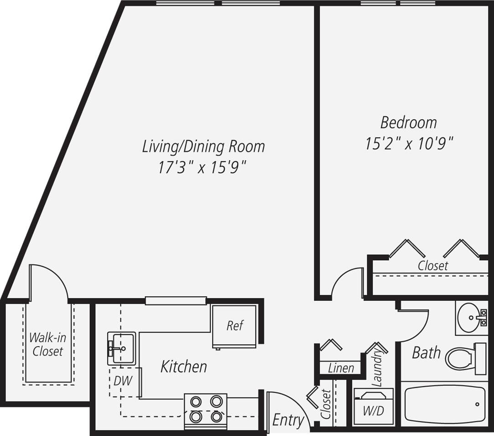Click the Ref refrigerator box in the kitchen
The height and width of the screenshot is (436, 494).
[234, 326]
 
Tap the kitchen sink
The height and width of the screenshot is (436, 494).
[121, 348]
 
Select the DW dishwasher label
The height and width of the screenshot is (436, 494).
[123, 380]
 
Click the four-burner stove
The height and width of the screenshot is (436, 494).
[206, 409]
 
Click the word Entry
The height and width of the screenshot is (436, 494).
[288, 420]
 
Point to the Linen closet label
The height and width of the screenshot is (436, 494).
[341, 368]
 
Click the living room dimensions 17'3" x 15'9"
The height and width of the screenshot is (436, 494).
[203, 168]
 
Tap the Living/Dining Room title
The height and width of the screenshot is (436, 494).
[203, 147]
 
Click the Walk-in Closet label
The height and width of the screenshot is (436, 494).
[47, 344]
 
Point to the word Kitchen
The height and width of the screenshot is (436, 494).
[183, 366]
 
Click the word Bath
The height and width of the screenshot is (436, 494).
[426, 352]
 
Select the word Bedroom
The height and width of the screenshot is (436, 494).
[409, 122]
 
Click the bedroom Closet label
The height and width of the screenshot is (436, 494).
[433, 265]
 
